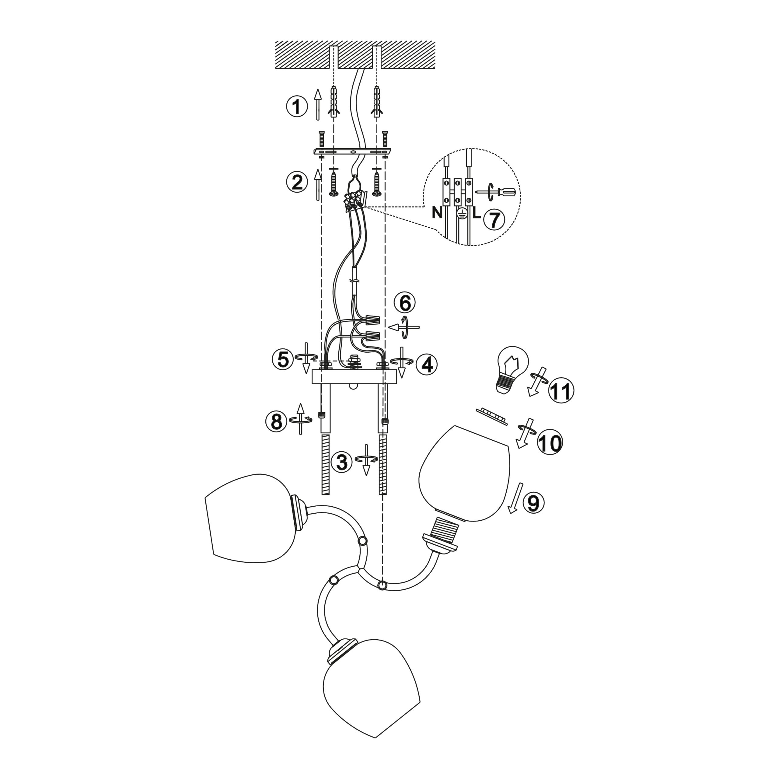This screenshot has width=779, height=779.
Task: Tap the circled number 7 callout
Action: tap(494, 219)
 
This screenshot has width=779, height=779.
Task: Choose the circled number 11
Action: tap(561, 391)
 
